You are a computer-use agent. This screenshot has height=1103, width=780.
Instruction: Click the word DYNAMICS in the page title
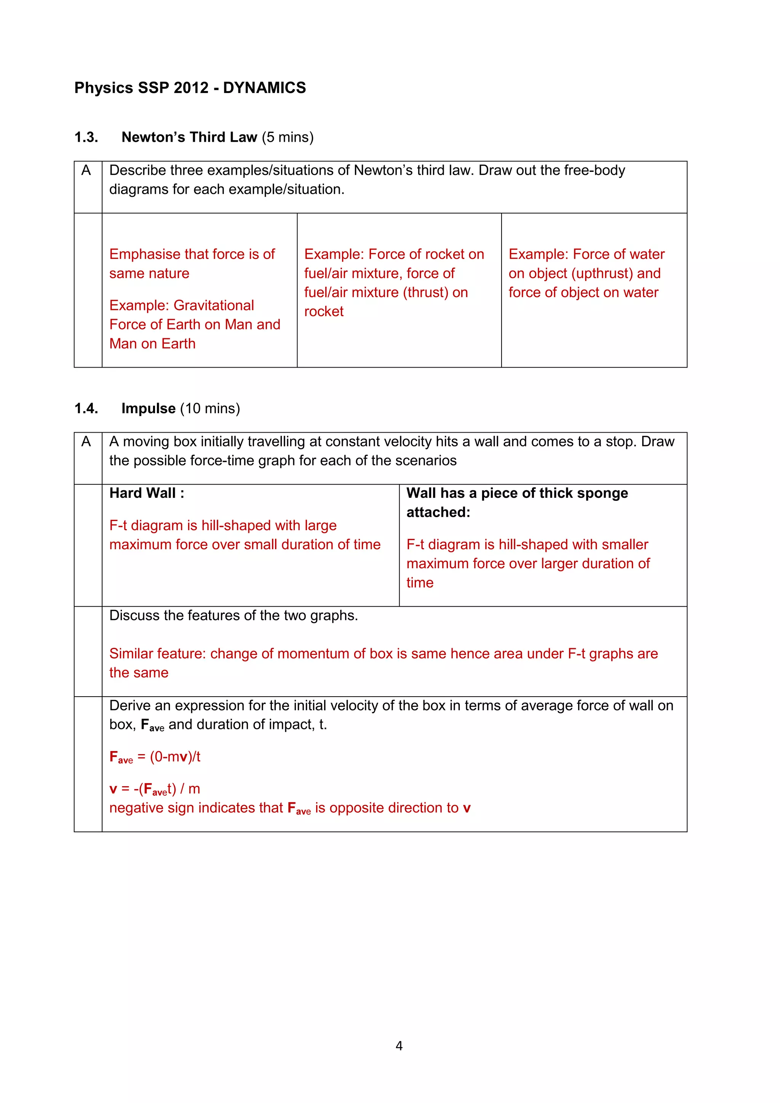264,88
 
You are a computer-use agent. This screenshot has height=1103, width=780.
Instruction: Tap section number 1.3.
86,137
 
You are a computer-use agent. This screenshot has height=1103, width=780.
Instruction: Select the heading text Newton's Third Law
189,137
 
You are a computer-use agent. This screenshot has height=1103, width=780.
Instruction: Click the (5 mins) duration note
288,137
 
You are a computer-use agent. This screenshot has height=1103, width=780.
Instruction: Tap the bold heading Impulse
149,408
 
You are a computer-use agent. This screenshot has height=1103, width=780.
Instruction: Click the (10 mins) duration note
210,408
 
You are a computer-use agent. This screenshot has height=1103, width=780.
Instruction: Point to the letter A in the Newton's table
86,171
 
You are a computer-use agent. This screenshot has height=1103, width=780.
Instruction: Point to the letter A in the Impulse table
86,441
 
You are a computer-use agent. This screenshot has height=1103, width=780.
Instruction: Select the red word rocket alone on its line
324,312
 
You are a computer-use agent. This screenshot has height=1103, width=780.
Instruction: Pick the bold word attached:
438,513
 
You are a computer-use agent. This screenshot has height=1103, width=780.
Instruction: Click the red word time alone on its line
420,583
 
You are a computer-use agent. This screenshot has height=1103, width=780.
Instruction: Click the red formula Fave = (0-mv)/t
155,757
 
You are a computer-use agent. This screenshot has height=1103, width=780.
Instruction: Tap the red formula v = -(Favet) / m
155,789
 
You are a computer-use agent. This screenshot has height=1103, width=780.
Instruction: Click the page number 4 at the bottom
399,1046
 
